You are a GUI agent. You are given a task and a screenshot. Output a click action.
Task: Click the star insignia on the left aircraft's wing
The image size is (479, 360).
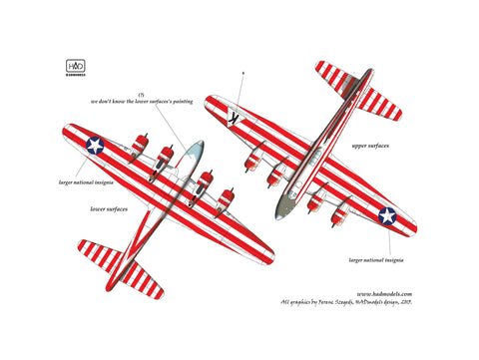(95, 146)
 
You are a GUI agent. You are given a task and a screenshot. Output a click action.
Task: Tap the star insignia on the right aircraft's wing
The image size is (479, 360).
(387, 215)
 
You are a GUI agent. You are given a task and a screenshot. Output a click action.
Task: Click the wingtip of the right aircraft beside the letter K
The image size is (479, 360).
(213, 103)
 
